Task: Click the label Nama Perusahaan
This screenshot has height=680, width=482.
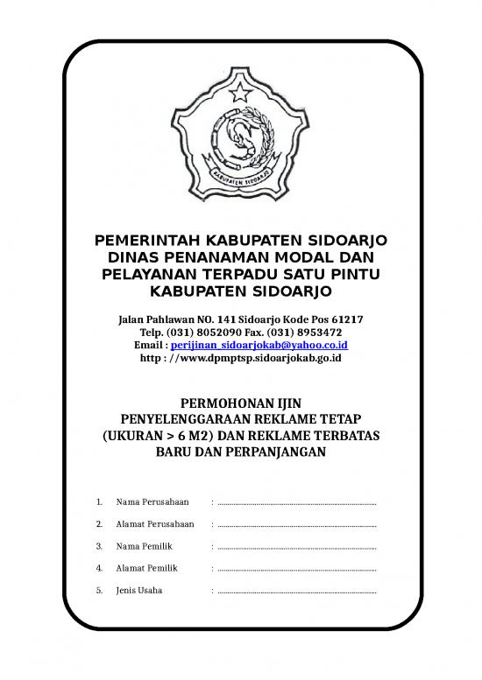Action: [152, 503]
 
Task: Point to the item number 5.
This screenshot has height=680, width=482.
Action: [99, 591]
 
